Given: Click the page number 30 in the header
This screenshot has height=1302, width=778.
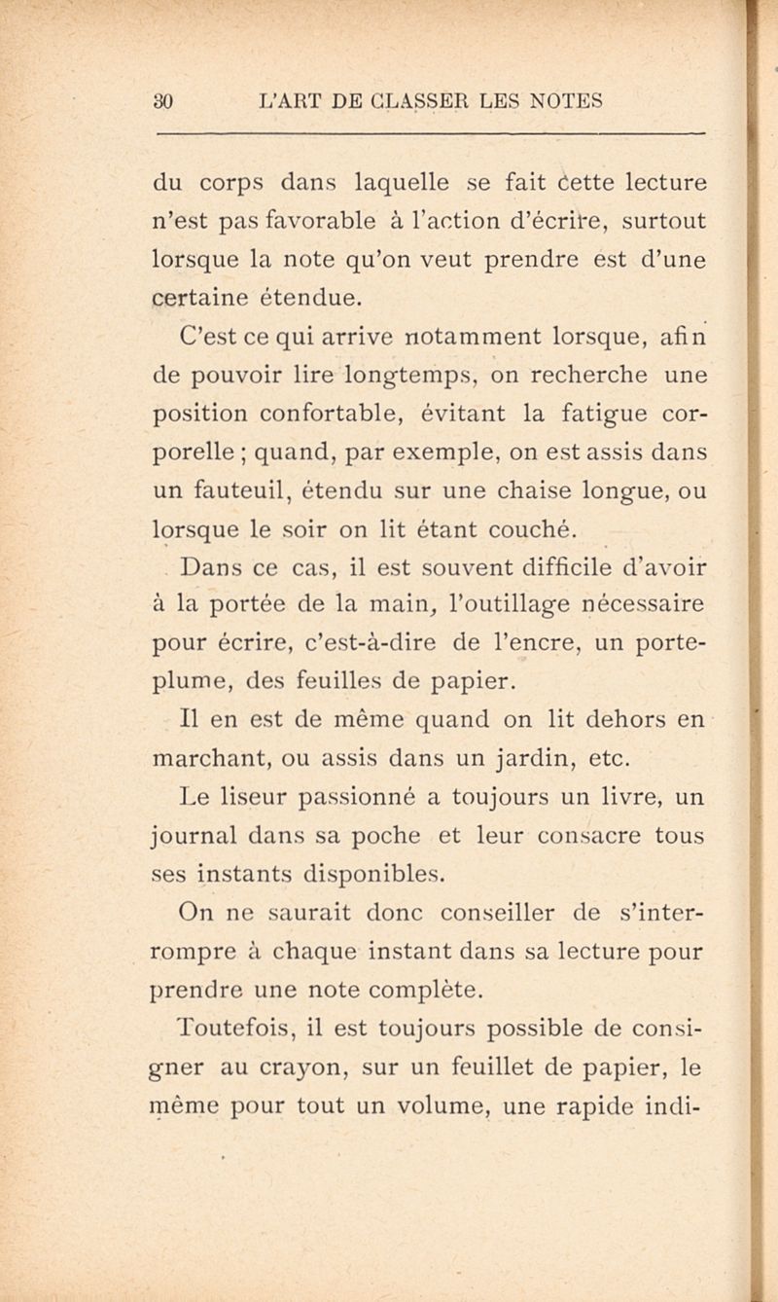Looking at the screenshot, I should (163, 99).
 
